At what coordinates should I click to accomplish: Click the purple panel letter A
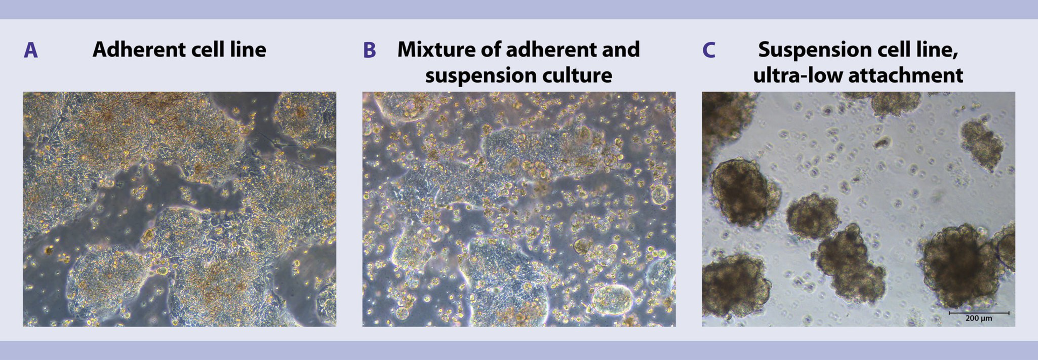31,50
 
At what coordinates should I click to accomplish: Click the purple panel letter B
370,50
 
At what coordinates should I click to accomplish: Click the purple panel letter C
709,50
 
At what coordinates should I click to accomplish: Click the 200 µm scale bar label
979,318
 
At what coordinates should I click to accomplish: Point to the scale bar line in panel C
979,313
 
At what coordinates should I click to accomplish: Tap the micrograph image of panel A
179,209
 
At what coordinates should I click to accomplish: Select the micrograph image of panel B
519,209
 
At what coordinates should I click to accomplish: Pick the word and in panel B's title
624,49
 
